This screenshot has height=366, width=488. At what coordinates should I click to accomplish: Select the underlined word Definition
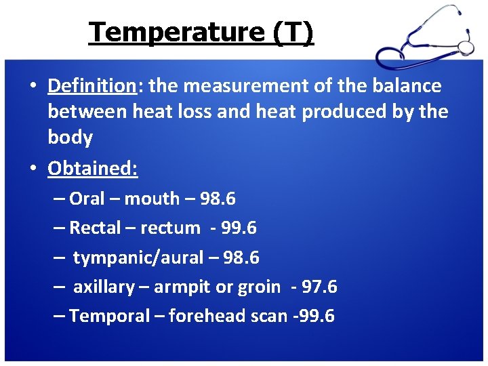[x=92, y=86]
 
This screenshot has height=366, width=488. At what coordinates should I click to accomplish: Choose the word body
[x=70, y=138]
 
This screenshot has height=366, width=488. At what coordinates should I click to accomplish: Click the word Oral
[x=87, y=199]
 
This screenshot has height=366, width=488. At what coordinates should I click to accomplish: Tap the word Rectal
[x=95, y=228]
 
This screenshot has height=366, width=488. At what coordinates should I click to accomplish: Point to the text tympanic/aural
[x=138, y=258]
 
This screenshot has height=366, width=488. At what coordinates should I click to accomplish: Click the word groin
[x=259, y=287]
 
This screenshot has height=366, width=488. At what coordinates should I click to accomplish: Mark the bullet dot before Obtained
[x=33, y=169]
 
